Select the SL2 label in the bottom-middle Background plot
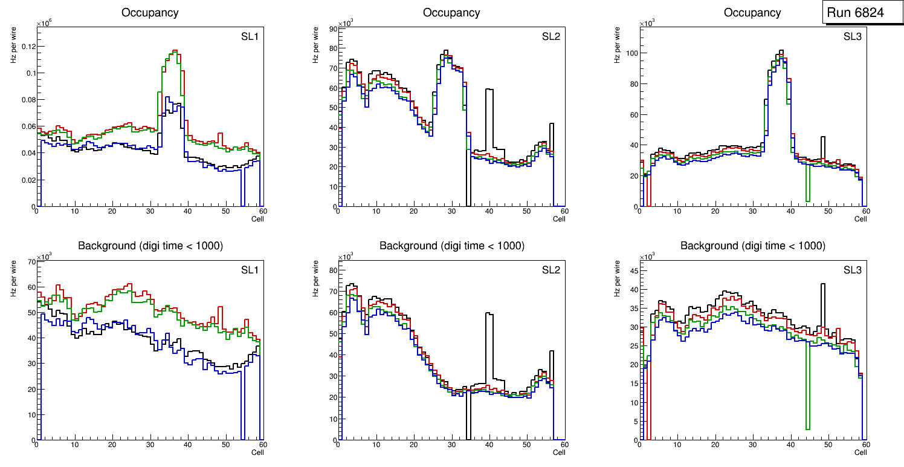tap(550, 270)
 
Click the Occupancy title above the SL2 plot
tap(451, 13)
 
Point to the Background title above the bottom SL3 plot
tap(752, 246)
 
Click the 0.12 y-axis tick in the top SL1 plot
tap(27, 47)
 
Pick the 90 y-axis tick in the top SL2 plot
tap(332, 28)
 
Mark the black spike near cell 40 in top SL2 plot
tap(489, 90)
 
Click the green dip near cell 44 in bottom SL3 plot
tap(807, 428)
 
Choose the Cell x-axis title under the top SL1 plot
tap(257, 218)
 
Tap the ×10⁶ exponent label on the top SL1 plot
tap(44, 24)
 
